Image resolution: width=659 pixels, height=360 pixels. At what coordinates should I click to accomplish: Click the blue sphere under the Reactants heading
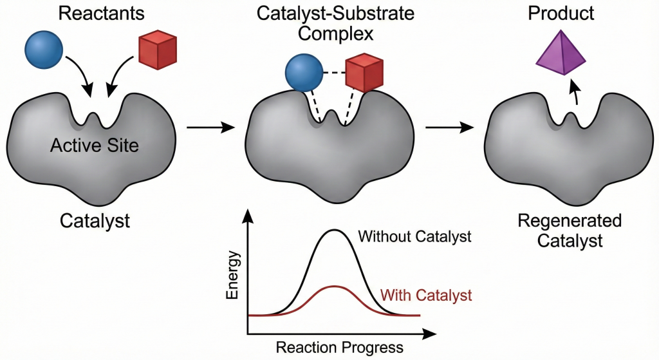pos(44,51)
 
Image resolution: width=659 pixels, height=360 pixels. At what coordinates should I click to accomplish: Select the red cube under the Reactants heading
pos(158,50)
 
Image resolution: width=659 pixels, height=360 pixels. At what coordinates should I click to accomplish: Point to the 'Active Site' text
pos(94,145)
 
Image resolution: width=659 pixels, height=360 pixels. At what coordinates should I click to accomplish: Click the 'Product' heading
pos(562,12)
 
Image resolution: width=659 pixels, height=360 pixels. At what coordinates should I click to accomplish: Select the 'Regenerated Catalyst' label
pos(561,231)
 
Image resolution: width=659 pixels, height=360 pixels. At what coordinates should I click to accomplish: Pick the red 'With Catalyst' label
pos(426,296)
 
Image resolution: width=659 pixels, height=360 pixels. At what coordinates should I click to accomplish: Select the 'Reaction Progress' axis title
pos(339,348)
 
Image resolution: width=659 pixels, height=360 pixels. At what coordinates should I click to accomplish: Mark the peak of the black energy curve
pos(333,230)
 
